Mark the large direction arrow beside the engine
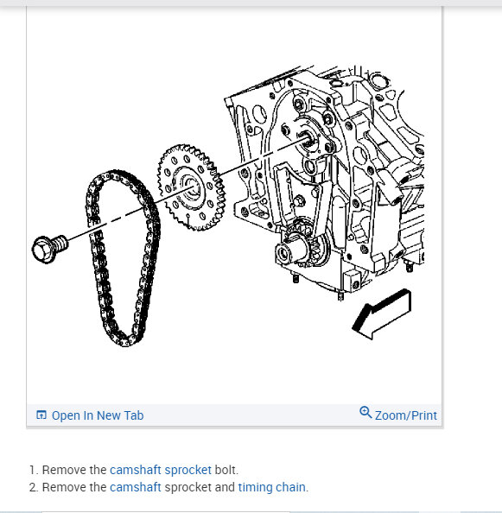[x=381, y=313]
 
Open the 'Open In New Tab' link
[x=98, y=415]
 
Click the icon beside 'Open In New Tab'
[x=41, y=415]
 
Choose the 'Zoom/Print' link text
[x=405, y=415]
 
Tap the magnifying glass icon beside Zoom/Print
[x=365, y=413]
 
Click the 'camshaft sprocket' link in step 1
[x=161, y=471]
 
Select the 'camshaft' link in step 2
[x=136, y=487]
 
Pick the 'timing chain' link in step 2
[x=271, y=487]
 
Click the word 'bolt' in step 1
[x=226, y=471]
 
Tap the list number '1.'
[x=34, y=471]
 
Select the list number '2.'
[x=34, y=487]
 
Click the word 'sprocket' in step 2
[x=187, y=487]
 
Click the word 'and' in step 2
[x=225, y=487]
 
